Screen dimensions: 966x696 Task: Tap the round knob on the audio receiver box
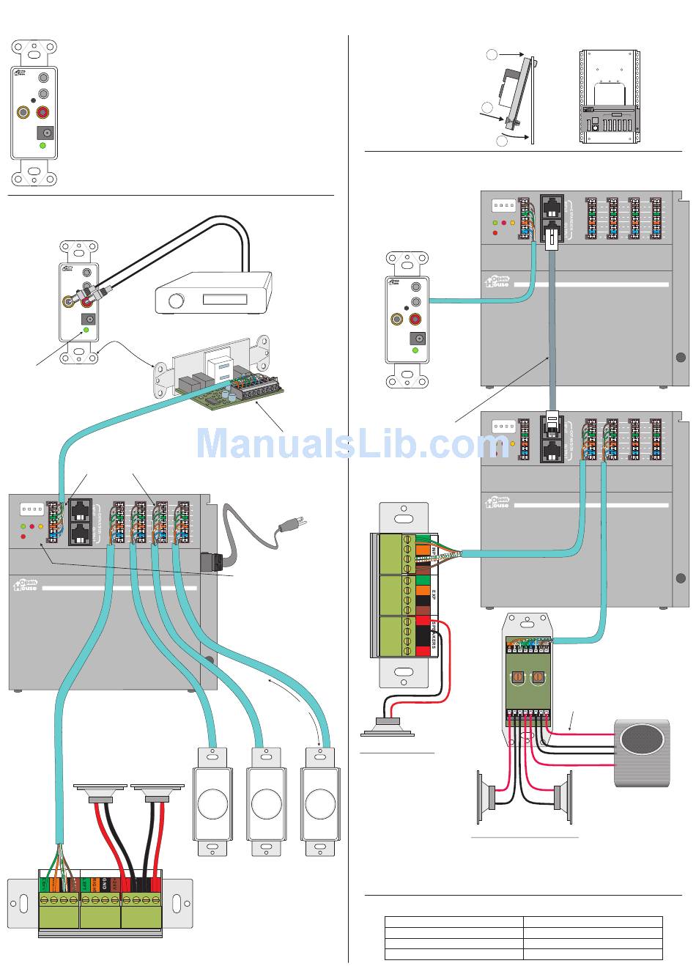(x=176, y=302)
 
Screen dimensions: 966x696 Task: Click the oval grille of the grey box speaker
(x=642, y=740)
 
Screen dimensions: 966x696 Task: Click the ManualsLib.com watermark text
(x=352, y=444)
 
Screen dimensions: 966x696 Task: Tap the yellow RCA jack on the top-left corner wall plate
(x=25, y=113)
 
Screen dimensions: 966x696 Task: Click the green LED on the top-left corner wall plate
(x=42, y=146)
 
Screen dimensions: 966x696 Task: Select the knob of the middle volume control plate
(x=266, y=804)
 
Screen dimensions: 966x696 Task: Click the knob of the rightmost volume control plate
(x=320, y=804)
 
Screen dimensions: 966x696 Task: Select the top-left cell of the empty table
(x=453, y=922)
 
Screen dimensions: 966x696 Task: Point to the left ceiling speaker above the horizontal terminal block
(x=102, y=793)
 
